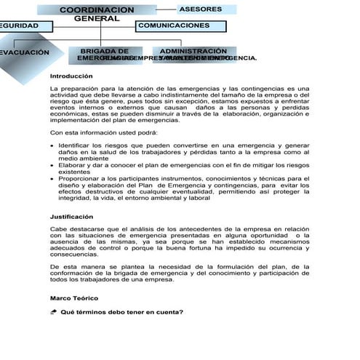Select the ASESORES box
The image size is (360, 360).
tap(206, 9)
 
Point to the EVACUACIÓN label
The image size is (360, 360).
tap(25, 53)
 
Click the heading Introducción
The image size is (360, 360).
tap(72, 76)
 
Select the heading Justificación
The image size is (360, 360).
tap(72, 217)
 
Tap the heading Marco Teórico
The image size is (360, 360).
tap(73, 298)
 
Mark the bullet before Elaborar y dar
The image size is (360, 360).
tap(52, 165)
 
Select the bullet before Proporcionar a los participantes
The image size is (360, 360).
tap(52, 178)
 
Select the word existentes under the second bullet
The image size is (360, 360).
tap(75, 172)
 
